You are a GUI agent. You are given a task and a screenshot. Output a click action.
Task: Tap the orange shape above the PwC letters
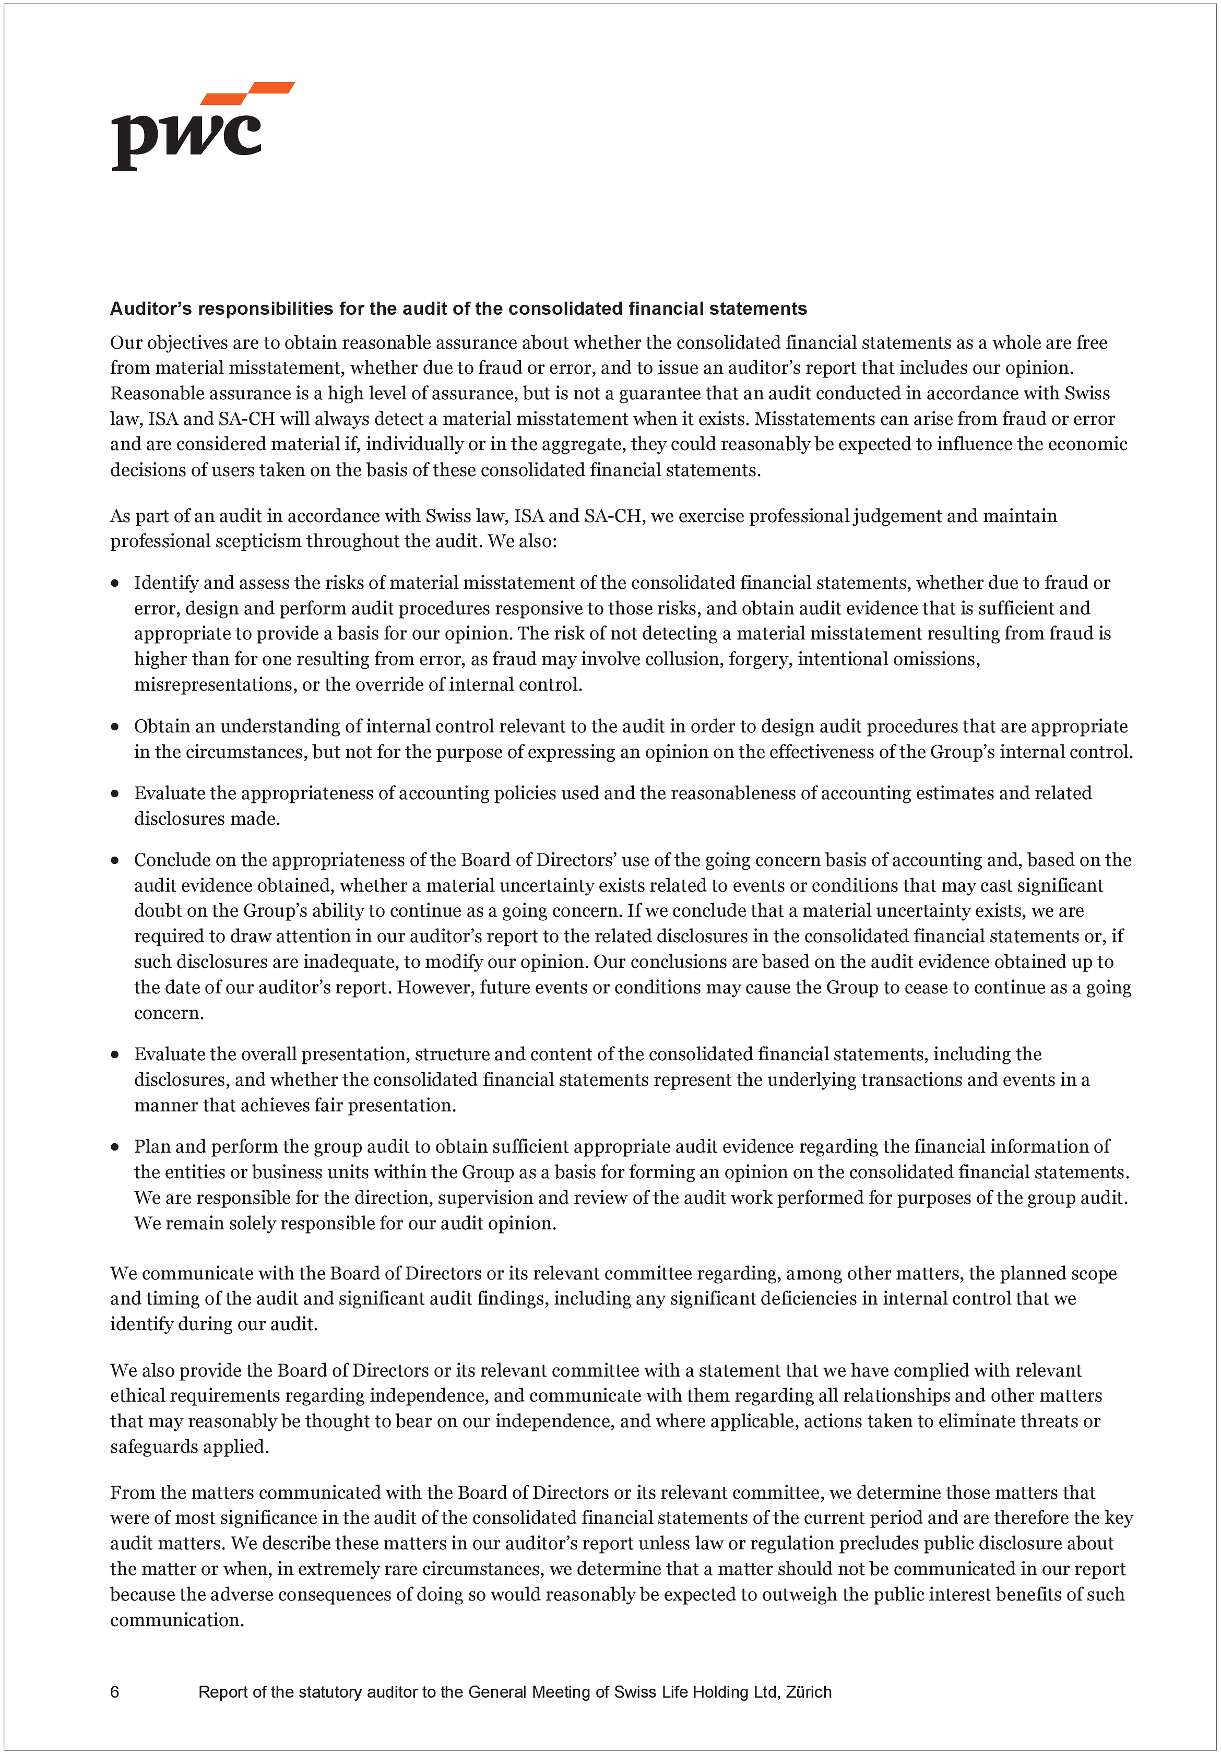(x=248, y=92)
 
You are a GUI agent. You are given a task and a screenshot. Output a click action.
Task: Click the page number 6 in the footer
(x=115, y=1692)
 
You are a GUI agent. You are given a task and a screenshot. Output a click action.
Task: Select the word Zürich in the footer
(x=809, y=1692)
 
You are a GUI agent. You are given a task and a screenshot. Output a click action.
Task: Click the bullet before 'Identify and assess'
(x=115, y=584)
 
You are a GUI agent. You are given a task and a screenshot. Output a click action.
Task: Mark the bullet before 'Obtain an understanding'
(x=115, y=727)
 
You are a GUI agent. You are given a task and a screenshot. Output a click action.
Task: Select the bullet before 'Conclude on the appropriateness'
(x=115, y=860)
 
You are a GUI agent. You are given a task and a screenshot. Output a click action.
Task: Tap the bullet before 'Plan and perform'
(x=115, y=1147)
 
